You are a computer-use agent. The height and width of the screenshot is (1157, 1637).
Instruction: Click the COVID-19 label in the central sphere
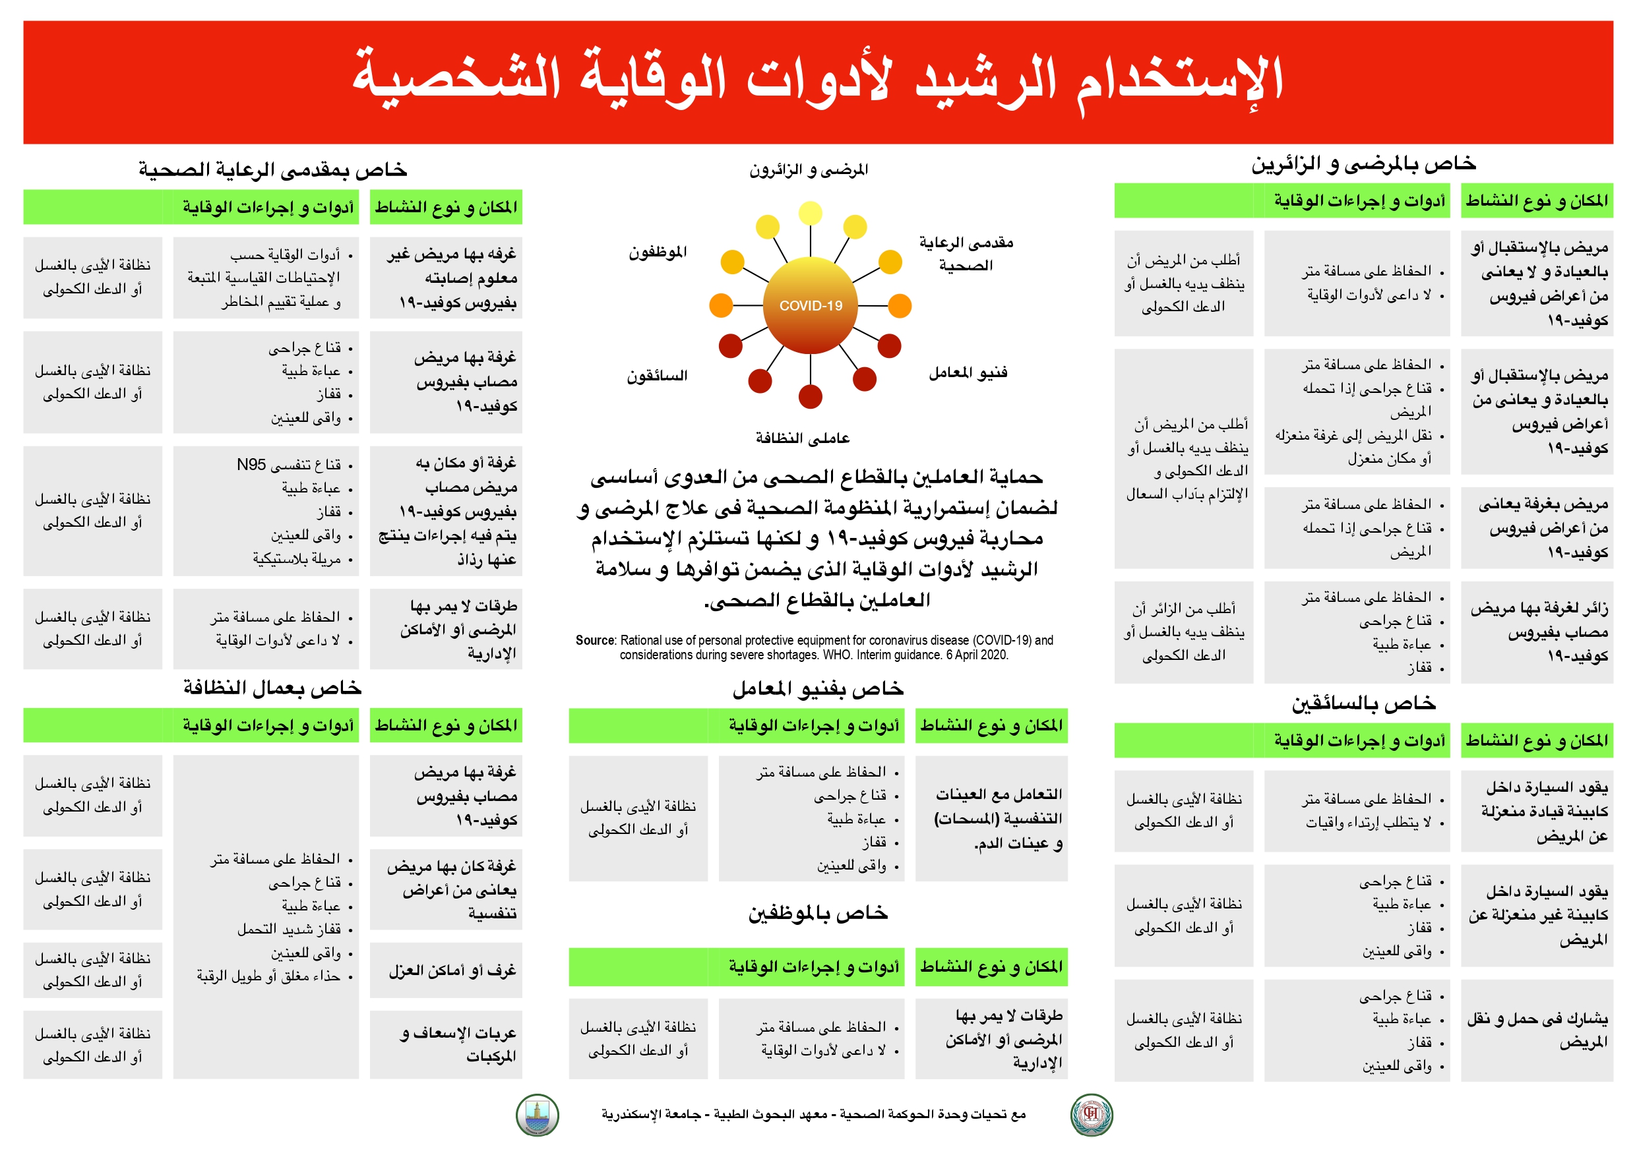pyautogui.click(x=810, y=306)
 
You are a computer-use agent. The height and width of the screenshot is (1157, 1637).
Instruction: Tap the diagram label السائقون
pyautogui.click(x=657, y=376)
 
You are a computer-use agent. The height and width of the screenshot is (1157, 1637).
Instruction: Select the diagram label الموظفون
pyautogui.click(x=658, y=252)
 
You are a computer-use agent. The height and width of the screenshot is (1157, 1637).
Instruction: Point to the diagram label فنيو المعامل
pyautogui.click(x=968, y=372)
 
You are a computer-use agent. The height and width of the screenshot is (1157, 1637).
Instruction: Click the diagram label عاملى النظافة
pyautogui.click(x=803, y=438)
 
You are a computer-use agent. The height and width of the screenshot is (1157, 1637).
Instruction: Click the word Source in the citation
pyautogui.click(x=596, y=640)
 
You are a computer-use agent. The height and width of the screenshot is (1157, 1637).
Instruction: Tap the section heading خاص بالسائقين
pyautogui.click(x=1363, y=703)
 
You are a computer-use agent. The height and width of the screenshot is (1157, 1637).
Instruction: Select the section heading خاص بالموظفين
pyautogui.click(x=818, y=913)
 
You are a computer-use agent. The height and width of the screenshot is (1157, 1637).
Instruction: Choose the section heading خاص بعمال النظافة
pyautogui.click(x=272, y=688)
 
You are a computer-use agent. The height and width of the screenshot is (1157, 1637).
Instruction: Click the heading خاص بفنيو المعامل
pyautogui.click(x=818, y=689)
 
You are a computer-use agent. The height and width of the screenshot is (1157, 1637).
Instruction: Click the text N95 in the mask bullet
pyautogui.click(x=251, y=465)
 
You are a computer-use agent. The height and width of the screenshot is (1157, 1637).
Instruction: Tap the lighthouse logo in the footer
pyautogui.click(x=537, y=1115)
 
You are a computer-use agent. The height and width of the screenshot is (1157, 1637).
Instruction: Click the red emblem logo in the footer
pyautogui.click(x=1092, y=1114)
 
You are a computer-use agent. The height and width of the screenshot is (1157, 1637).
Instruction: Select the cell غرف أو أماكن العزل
pyautogui.click(x=452, y=970)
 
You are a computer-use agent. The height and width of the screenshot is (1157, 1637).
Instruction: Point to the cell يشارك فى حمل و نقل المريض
pyautogui.click(x=1537, y=1031)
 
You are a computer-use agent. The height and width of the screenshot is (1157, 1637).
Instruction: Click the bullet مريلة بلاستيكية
pyautogui.click(x=297, y=559)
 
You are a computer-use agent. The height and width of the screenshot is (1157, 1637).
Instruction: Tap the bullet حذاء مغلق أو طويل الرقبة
pyautogui.click(x=269, y=976)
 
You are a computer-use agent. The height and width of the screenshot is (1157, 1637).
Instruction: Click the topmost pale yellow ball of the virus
pyautogui.click(x=810, y=212)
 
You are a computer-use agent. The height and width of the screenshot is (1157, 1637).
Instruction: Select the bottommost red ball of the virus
pyautogui.click(x=810, y=396)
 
